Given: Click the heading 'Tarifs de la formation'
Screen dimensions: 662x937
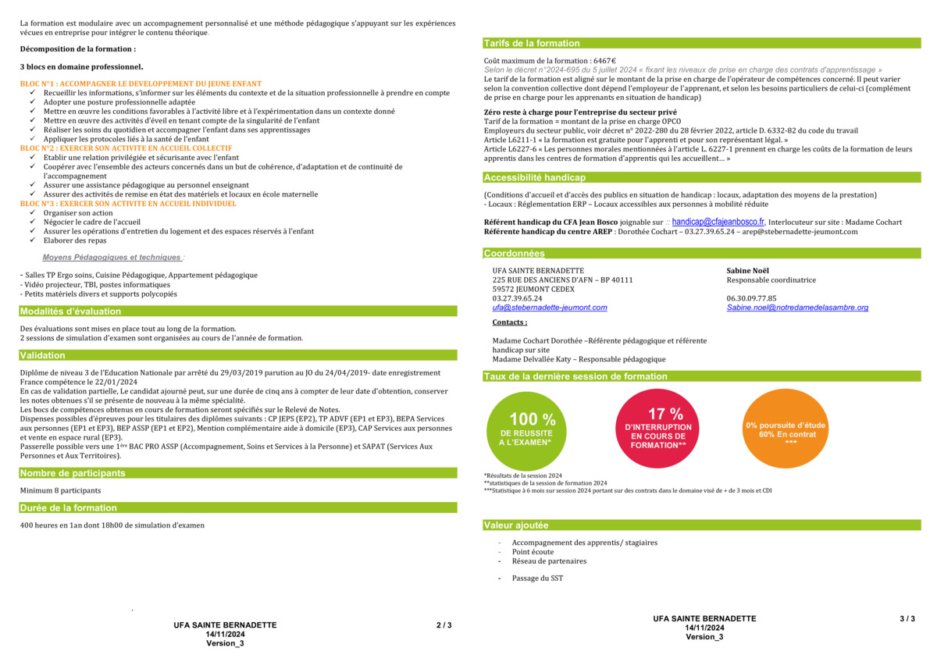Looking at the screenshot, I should click(x=532, y=44).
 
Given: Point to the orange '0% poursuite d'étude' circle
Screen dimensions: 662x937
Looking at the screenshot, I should click(x=786, y=429).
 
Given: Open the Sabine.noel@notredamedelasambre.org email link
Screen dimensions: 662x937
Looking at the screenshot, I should click(x=797, y=308).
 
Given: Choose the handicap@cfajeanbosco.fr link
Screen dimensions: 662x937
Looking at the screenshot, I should click(x=718, y=222).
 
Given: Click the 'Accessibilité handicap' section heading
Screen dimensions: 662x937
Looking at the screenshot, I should click(x=534, y=178).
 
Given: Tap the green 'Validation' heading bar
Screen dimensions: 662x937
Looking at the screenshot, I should click(x=43, y=356).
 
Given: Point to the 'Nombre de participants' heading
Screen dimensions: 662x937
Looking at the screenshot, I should click(x=73, y=473).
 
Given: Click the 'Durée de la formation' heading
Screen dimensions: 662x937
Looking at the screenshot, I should click(x=69, y=508).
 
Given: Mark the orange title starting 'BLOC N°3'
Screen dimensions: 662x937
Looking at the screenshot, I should click(x=128, y=204).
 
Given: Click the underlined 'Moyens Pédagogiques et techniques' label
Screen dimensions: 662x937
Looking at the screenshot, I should click(x=112, y=257).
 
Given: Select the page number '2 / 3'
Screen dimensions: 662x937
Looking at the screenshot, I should click(x=444, y=625).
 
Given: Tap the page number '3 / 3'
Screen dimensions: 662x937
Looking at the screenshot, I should click(x=907, y=619).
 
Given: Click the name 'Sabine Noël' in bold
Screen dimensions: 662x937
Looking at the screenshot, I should click(x=748, y=271).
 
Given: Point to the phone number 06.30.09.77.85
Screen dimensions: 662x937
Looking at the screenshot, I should click(x=751, y=298).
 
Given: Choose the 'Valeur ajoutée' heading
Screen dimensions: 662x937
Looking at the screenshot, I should click(x=516, y=526).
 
